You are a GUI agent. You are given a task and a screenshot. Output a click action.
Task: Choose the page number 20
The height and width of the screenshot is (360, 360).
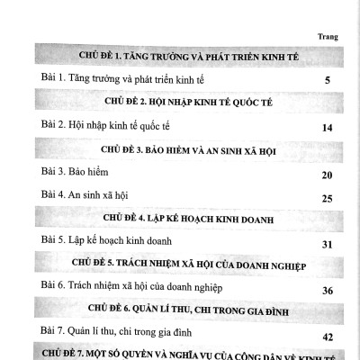click(328, 175)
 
